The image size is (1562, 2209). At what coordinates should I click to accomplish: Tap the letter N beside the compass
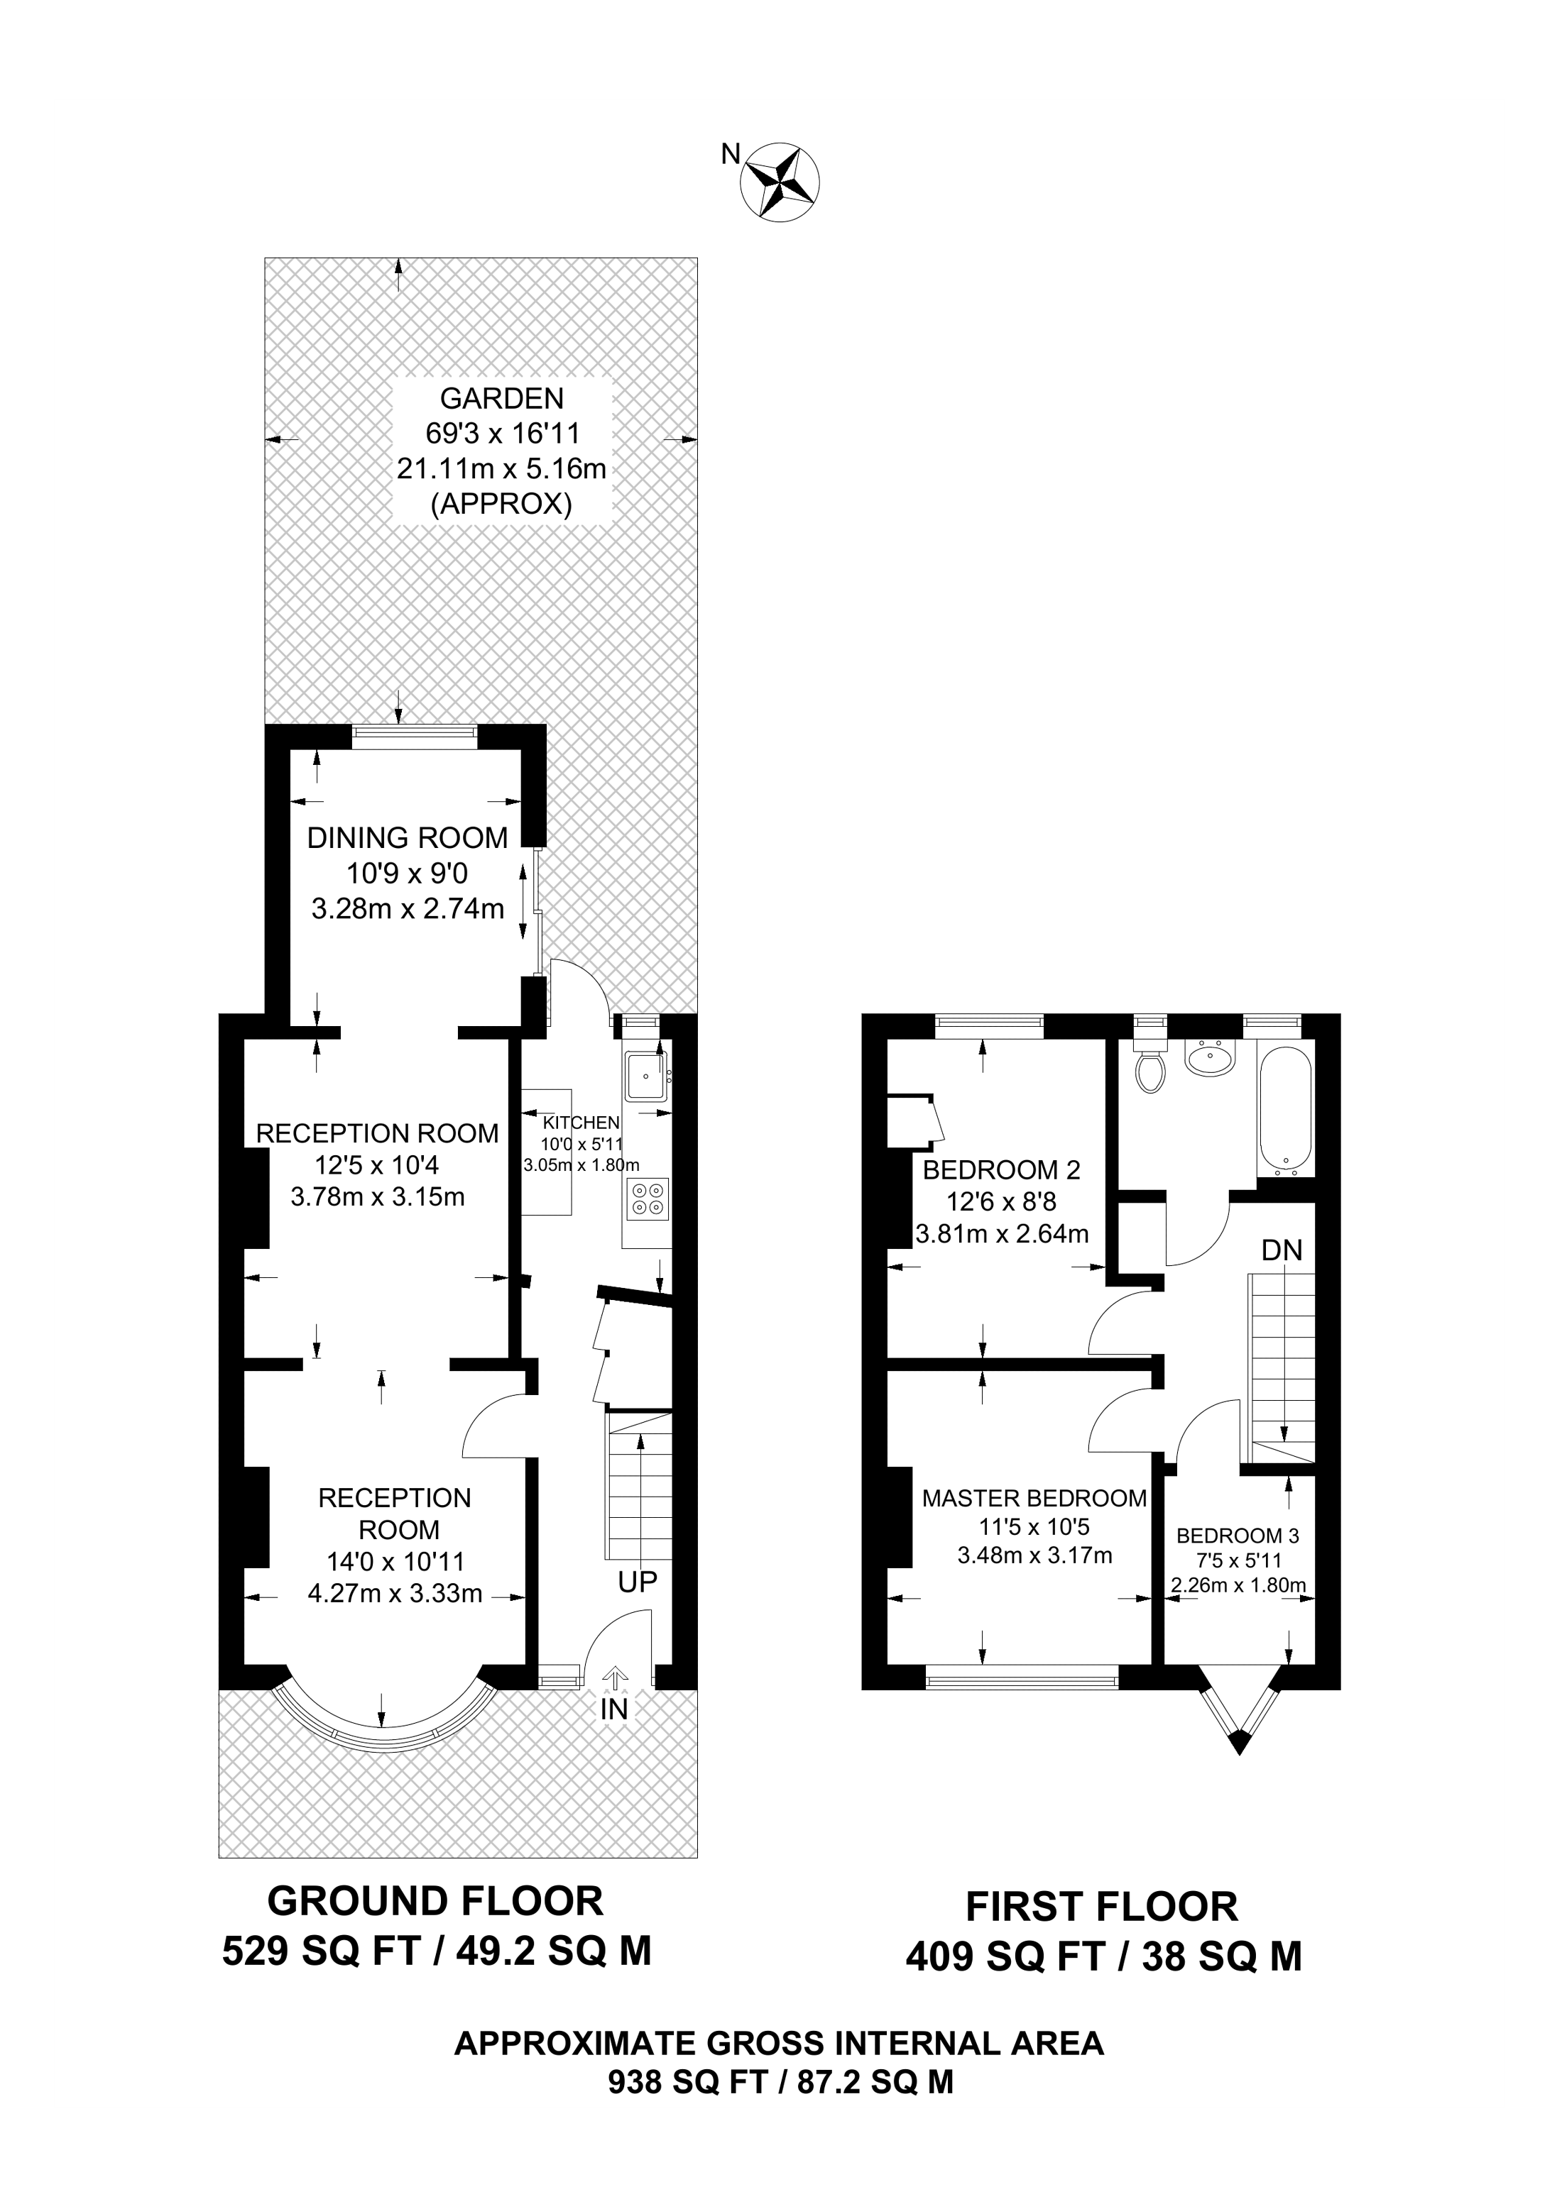pos(731,153)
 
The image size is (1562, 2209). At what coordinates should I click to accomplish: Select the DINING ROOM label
pos(407,838)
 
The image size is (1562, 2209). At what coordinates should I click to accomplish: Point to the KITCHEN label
pos(581,1122)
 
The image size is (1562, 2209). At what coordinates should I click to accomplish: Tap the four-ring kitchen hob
pos(647,1199)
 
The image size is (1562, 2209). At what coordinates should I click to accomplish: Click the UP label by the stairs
pos(637,1582)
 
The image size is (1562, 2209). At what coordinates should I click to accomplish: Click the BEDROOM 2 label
pos(1001,1170)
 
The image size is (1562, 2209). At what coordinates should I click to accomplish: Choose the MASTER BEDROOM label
pos(1034,1498)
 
